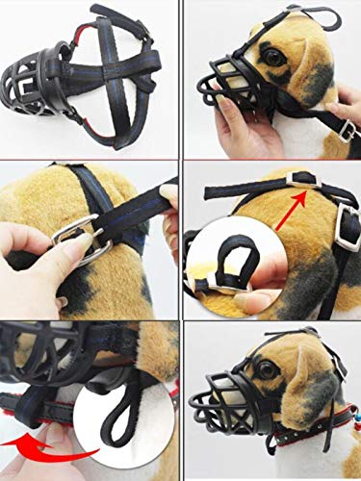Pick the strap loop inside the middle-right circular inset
(x=227, y=264)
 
